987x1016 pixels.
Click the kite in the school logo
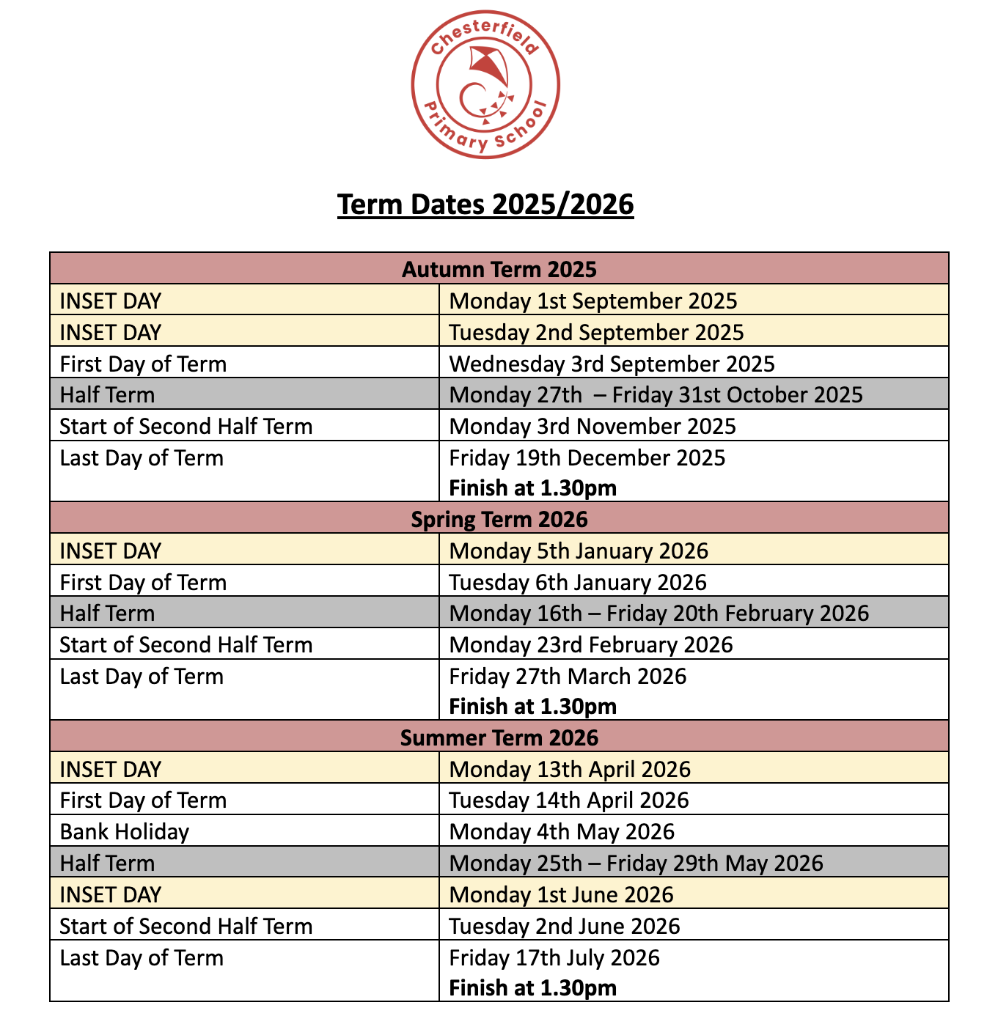tap(488, 66)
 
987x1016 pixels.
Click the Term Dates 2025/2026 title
tap(485, 205)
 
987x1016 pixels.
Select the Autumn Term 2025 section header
tap(499, 269)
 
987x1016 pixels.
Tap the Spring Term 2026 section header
tap(499, 519)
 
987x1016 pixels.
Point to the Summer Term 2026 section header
tap(499, 737)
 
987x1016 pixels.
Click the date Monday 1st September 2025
tap(592, 301)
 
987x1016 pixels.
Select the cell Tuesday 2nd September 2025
tap(596, 332)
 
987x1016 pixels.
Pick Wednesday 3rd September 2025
tap(612, 364)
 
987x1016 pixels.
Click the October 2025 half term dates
tap(656, 394)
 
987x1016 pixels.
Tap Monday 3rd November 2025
tap(592, 426)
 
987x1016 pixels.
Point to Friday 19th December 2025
tap(587, 457)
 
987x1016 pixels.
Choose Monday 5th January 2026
tap(579, 551)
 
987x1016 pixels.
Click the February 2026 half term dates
tap(658, 613)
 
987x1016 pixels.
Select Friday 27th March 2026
tap(568, 676)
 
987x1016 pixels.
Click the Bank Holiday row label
tap(125, 831)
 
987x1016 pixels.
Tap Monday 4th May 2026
tap(562, 831)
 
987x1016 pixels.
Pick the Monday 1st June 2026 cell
tap(561, 894)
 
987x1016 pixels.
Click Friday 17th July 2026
tap(554, 957)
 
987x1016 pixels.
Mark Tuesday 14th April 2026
tap(569, 800)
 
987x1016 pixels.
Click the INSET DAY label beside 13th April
tap(110, 769)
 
